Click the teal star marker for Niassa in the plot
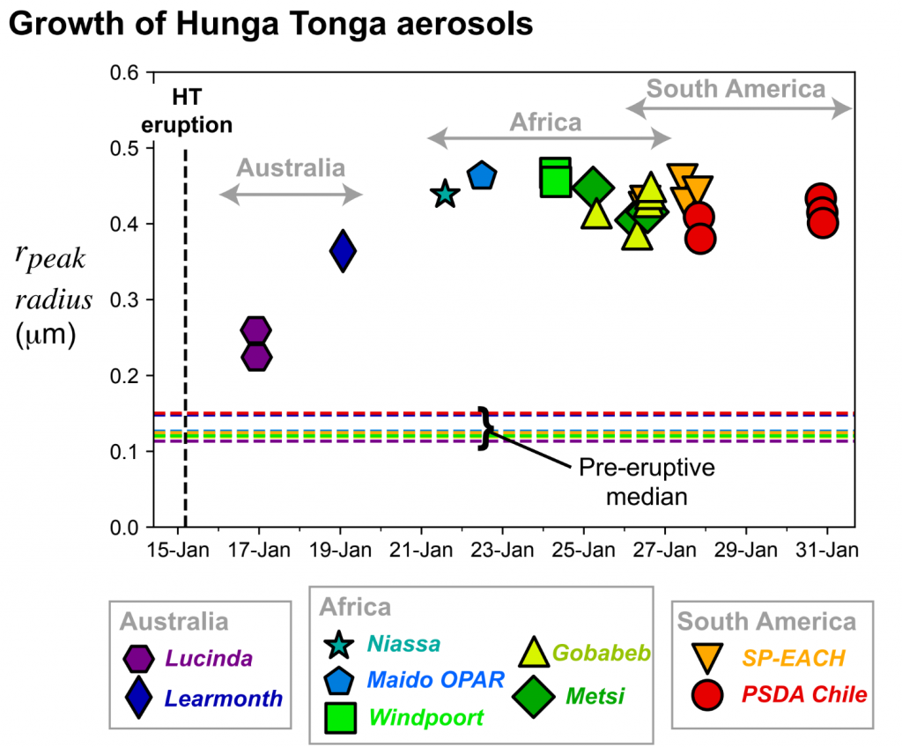point(445,195)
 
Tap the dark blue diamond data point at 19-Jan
point(343,252)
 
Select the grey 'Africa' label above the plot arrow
point(546,122)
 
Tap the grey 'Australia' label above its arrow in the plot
point(290,167)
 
